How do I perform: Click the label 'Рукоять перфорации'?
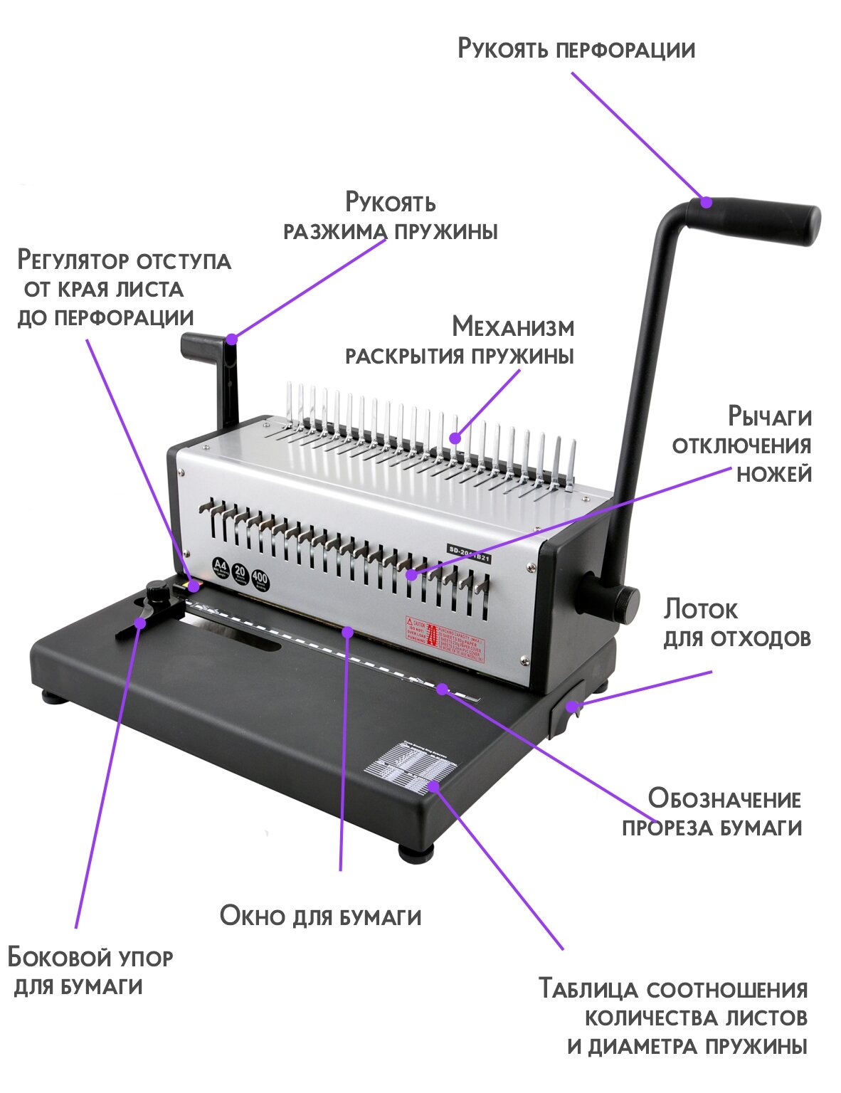click(x=576, y=49)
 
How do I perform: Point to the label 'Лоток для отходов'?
click(x=736, y=623)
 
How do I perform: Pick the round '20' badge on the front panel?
click(x=240, y=574)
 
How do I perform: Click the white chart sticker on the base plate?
click(x=408, y=768)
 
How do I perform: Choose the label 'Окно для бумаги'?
click(x=320, y=916)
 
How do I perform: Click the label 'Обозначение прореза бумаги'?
click(x=712, y=813)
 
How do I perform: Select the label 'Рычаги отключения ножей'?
click(x=742, y=445)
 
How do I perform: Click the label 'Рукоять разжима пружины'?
click(x=390, y=216)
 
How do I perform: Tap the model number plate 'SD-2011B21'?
click(x=470, y=554)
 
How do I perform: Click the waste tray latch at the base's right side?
click(x=566, y=708)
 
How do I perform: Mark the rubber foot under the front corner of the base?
click(x=417, y=851)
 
